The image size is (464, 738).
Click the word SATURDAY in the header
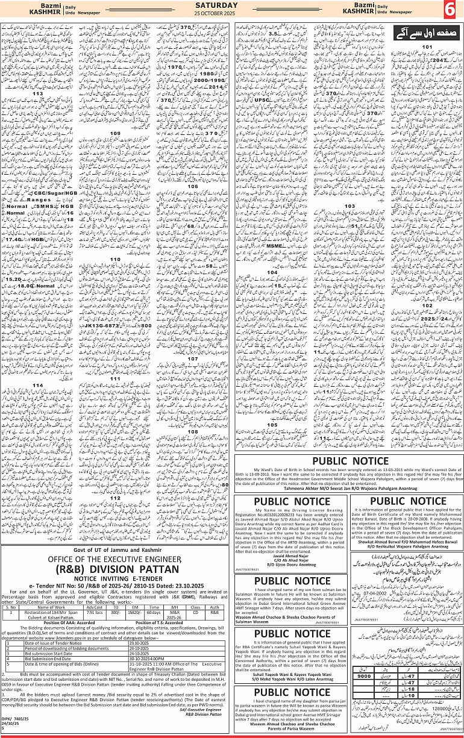pos(231,7)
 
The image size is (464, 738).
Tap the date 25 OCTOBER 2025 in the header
pos(231,14)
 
